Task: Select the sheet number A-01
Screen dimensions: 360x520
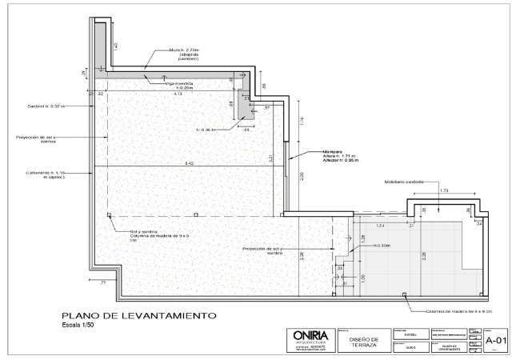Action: [x=494, y=338]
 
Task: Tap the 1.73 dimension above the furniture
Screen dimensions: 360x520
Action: [x=444, y=191]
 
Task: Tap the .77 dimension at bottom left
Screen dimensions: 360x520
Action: [x=102, y=283]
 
